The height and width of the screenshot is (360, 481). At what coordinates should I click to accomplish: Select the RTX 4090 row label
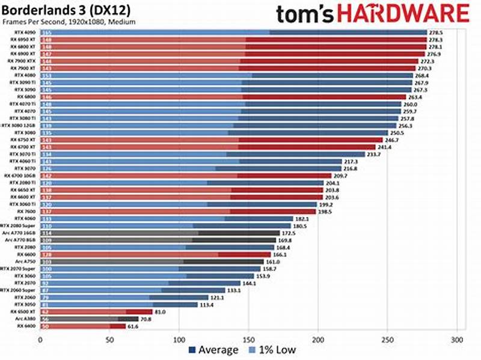pyautogui.click(x=29, y=32)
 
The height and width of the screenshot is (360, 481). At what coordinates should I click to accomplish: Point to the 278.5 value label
pyautogui.click(x=436, y=32)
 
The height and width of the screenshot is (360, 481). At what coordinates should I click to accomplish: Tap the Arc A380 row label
pyautogui.click(x=28, y=319)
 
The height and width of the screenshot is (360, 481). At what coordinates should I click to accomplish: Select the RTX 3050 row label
pyautogui.click(x=28, y=305)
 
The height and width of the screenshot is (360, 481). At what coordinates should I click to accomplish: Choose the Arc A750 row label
pyautogui.click(x=28, y=262)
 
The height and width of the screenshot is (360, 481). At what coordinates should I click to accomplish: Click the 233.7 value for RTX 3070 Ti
pyautogui.click(x=375, y=154)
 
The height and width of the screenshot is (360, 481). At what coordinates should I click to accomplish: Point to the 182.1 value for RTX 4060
pyautogui.click(x=302, y=219)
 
